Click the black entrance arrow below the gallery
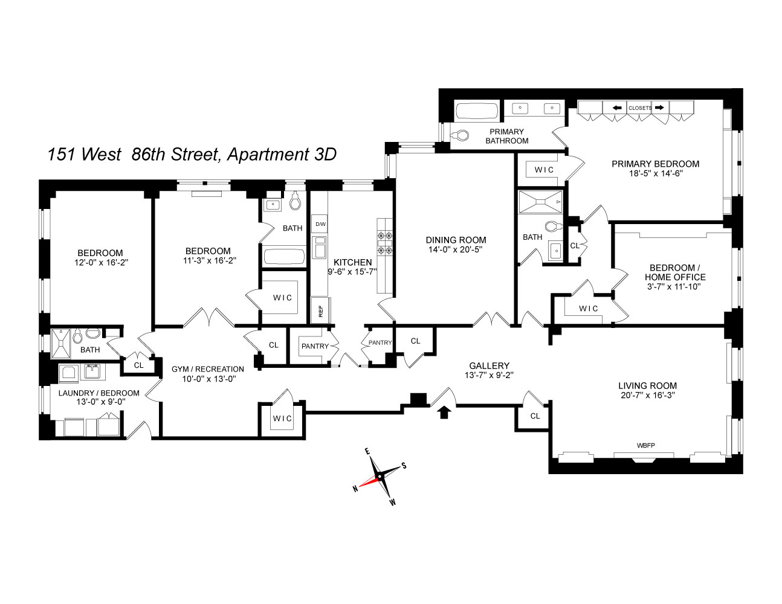[x=445, y=412]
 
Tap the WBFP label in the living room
[x=645, y=446]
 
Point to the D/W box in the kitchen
[x=320, y=224]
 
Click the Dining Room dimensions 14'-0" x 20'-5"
[x=456, y=249]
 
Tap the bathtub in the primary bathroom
[x=477, y=112]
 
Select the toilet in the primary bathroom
[x=461, y=135]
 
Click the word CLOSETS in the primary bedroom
[x=640, y=108]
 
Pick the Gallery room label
[x=489, y=365]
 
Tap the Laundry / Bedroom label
[x=99, y=393]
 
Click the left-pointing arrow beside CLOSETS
[x=617, y=108]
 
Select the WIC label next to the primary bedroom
[x=544, y=170]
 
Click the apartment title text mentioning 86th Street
[x=192, y=155]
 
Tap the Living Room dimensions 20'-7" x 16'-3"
[x=647, y=396]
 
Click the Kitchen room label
[x=352, y=262]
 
